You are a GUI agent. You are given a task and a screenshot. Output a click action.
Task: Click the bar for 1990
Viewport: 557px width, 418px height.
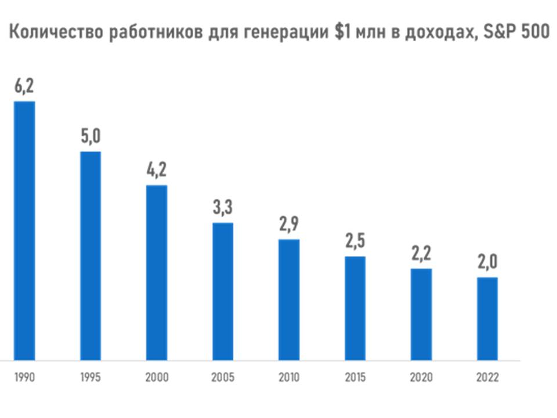click(x=24, y=230)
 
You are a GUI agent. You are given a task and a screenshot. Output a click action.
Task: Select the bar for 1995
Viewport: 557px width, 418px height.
click(x=91, y=255)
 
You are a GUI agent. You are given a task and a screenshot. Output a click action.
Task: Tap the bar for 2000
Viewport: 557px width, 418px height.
click(x=157, y=272)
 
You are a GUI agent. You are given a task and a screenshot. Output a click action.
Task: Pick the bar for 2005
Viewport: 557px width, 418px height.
click(x=223, y=291)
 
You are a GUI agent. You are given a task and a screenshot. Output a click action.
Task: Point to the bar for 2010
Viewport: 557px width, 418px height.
click(x=289, y=300)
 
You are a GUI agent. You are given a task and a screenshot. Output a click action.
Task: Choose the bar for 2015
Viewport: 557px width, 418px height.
click(x=355, y=308)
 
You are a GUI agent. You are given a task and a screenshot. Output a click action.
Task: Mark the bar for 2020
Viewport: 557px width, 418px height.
click(x=421, y=314)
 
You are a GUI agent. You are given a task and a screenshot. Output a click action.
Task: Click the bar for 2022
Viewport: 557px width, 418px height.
click(x=487, y=319)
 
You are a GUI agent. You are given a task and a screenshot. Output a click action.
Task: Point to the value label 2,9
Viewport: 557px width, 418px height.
click(x=289, y=225)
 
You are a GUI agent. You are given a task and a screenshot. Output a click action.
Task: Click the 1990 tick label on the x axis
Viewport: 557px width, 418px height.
click(x=24, y=377)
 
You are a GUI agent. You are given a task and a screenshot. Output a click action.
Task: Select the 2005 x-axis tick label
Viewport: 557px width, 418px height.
click(x=223, y=377)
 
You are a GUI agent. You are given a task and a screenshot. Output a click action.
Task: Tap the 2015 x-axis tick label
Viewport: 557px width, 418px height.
click(x=355, y=377)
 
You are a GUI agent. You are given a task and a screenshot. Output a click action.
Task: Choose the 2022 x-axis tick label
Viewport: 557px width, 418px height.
click(x=487, y=377)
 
